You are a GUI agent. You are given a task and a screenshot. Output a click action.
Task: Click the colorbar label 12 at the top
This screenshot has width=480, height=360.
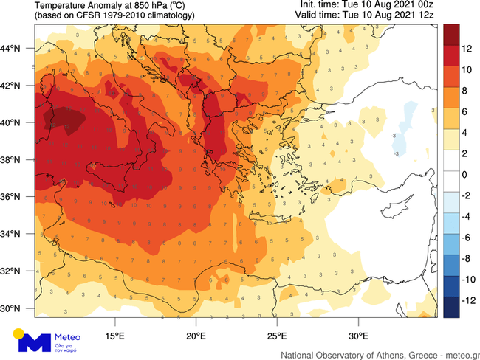pyautogui.click(x=467, y=48)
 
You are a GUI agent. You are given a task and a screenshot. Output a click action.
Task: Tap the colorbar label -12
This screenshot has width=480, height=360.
pyautogui.click(x=469, y=301)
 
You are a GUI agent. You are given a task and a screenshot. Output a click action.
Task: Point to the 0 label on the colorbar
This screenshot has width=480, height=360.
pyautogui.click(x=465, y=175)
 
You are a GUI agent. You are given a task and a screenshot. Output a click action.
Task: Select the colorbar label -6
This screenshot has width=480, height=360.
pyautogui.click(x=467, y=238)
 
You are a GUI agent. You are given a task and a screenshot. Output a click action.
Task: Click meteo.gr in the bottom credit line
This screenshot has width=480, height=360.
pyautogui.click(x=459, y=355)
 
